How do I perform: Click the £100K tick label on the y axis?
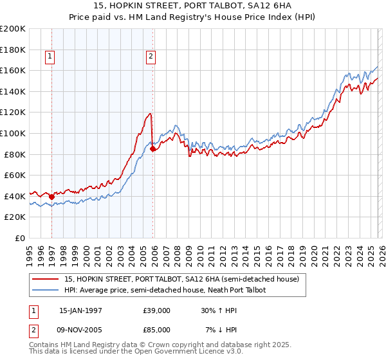pos(13,133)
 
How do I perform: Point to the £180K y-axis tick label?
pos(13,50)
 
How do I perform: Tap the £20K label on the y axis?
pos(15,217)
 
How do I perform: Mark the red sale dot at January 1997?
pos(51,197)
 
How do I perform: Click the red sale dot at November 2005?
pos(152,149)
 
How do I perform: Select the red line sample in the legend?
pos(46,280)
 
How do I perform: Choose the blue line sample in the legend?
pos(46,291)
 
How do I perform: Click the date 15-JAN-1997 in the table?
pos(80,310)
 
